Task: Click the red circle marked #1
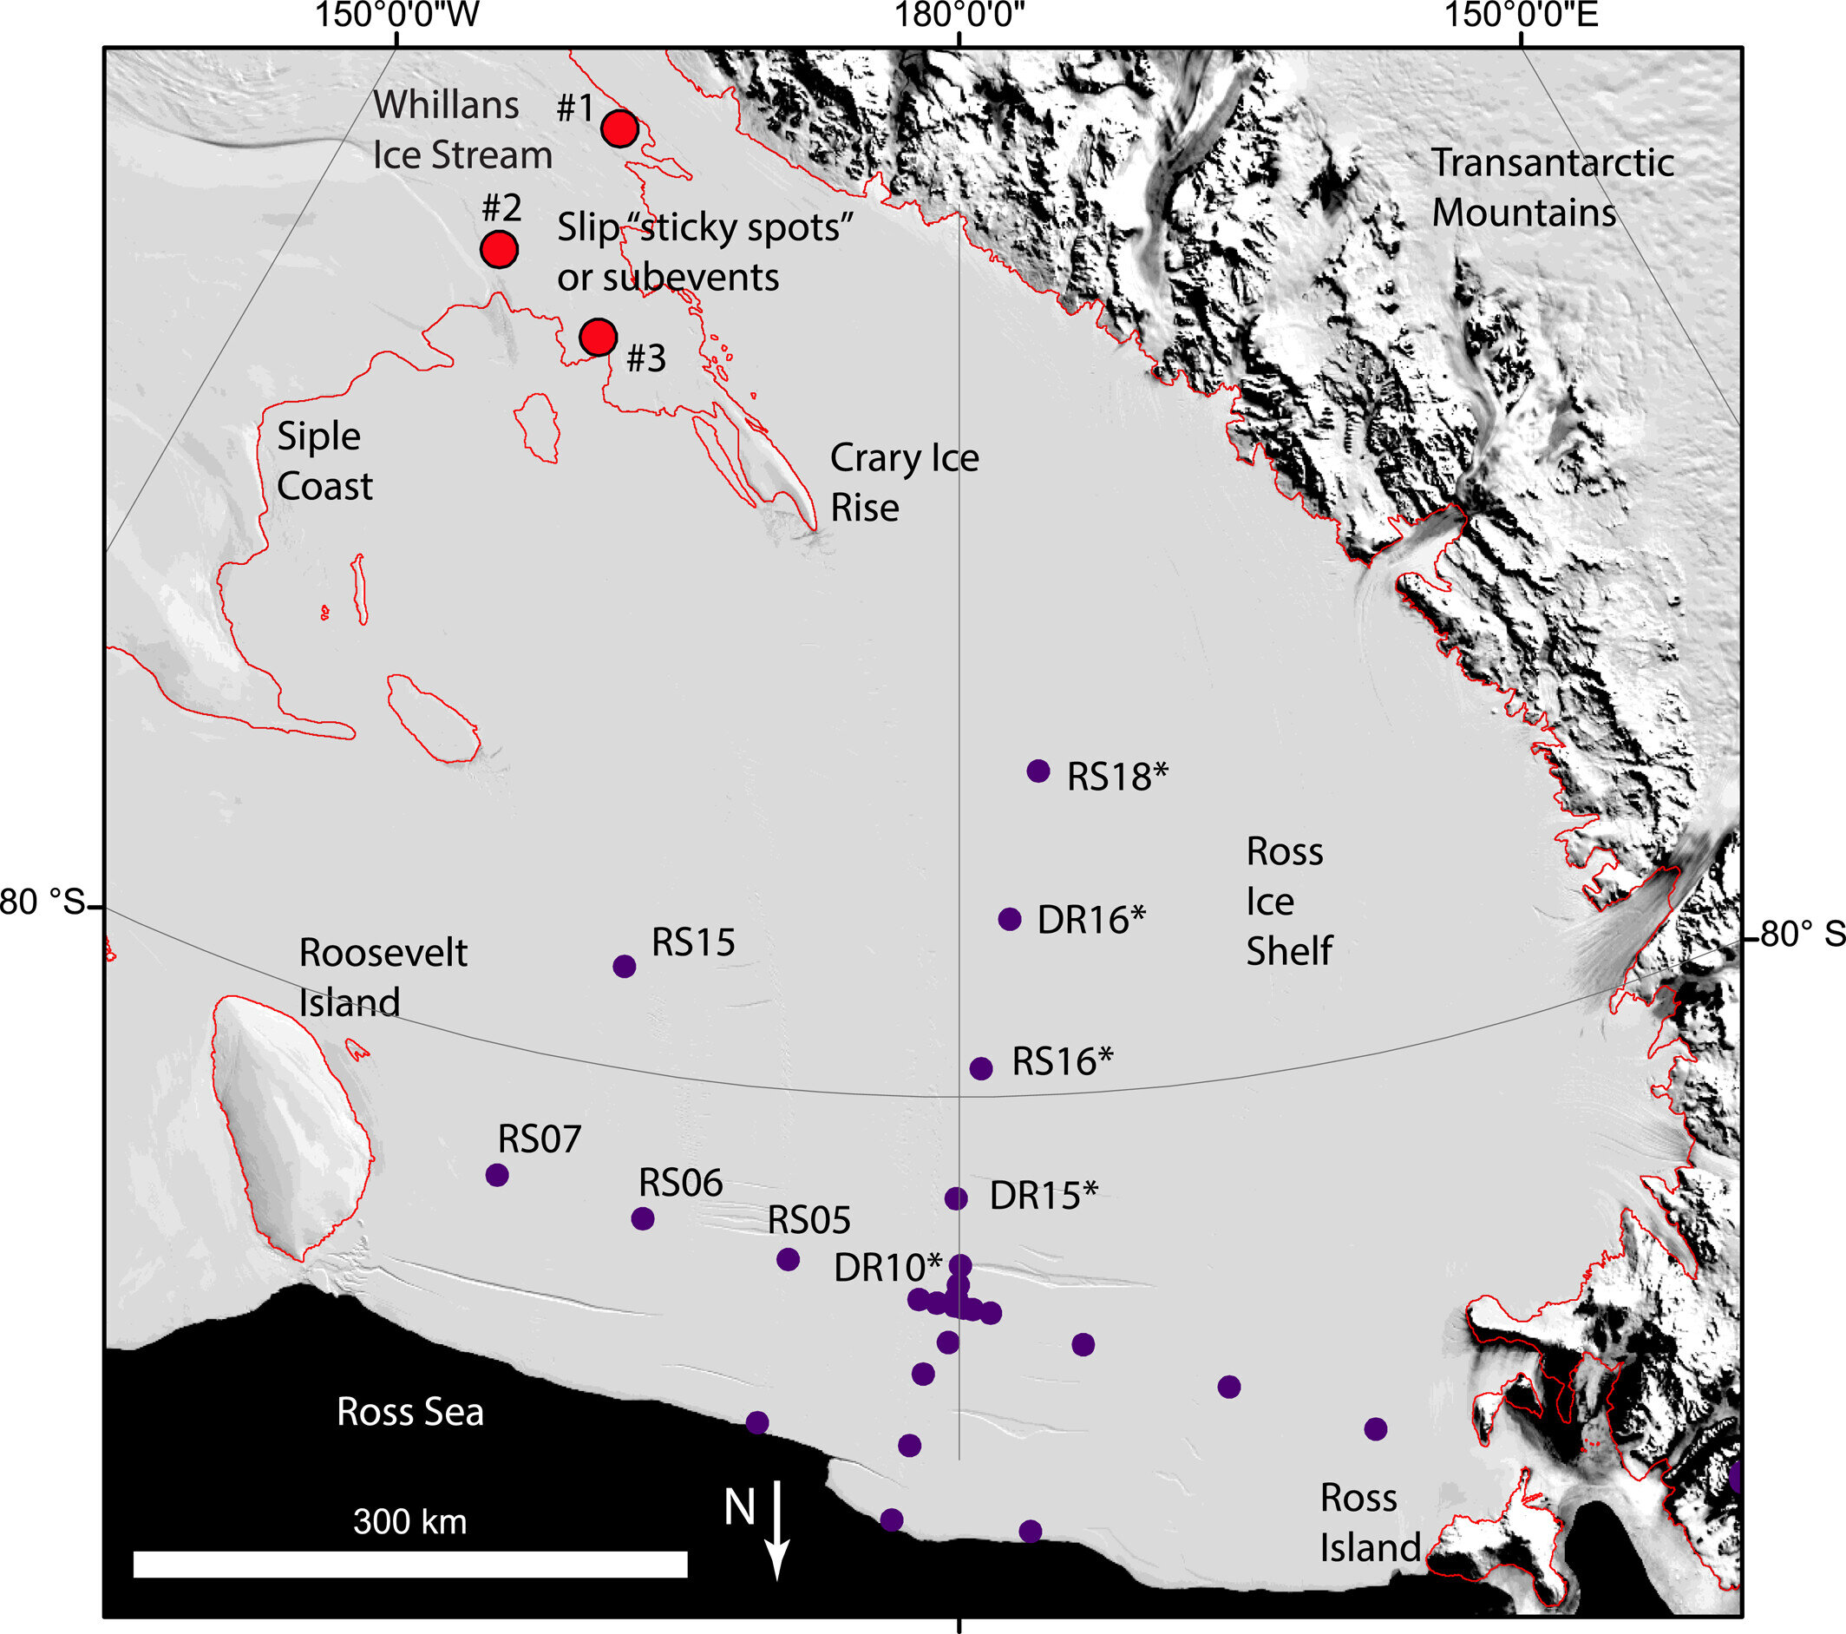pyautogui.click(x=619, y=129)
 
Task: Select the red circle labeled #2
pyautogui.click(x=499, y=248)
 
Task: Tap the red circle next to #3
pyautogui.click(x=597, y=337)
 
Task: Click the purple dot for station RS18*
pyautogui.click(x=1038, y=771)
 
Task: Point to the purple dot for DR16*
pyautogui.click(x=1009, y=919)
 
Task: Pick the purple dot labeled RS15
pyautogui.click(x=623, y=967)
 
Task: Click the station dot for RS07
pyautogui.click(x=497, y=1174)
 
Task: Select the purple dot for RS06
pyautogui.click(x=641, y=1218)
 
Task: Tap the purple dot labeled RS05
pyautogui.click(x=788, y=1259)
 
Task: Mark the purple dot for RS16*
pyautogui.click(x=981, y=1068)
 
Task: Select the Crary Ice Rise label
pyautogui.click(x=903, y=482)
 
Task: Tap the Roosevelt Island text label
pyautogui.click(x=382, y=977)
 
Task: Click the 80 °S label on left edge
pyautogui.click(x=42, y=902)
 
